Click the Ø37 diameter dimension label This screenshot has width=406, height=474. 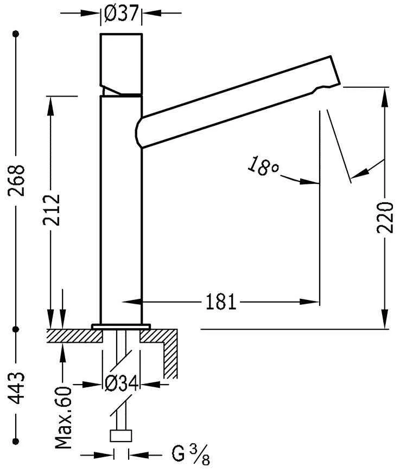click(120, 15)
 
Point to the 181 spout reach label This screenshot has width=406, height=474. click(221, 302)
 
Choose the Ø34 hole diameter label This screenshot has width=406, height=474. click(121, 385)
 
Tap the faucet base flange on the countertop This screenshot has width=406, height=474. click(121, 326)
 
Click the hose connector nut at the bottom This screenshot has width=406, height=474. click(121, 435)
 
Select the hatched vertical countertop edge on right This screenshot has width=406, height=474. click(172, 355)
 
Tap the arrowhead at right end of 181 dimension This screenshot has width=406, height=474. click(313, 302)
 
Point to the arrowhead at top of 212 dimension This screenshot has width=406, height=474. click(52, 104)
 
